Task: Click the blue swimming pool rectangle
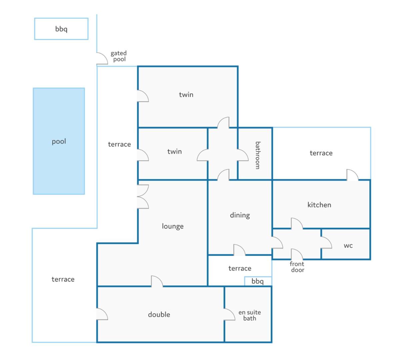click(x=59, y=141)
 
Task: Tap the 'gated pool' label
click(x=119, y=56)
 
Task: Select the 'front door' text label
click(x=297, y=267)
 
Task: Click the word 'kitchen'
click(x=319, y=205)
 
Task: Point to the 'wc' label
click(x=348, y=246)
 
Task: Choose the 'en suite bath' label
click(x=250, y=315)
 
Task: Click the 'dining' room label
click(x=240, y=215)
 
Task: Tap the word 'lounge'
click(x=173, y=226)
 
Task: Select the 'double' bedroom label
click(x=159, y=315)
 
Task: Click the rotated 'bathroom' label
click(x=258, y=155)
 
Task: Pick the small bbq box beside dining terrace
click(x=258, y=281)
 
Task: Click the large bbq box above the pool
click(x=61, y=29)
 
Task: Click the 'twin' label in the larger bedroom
click(x=186, y=95)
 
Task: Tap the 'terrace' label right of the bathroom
click(x=321, y=153)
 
